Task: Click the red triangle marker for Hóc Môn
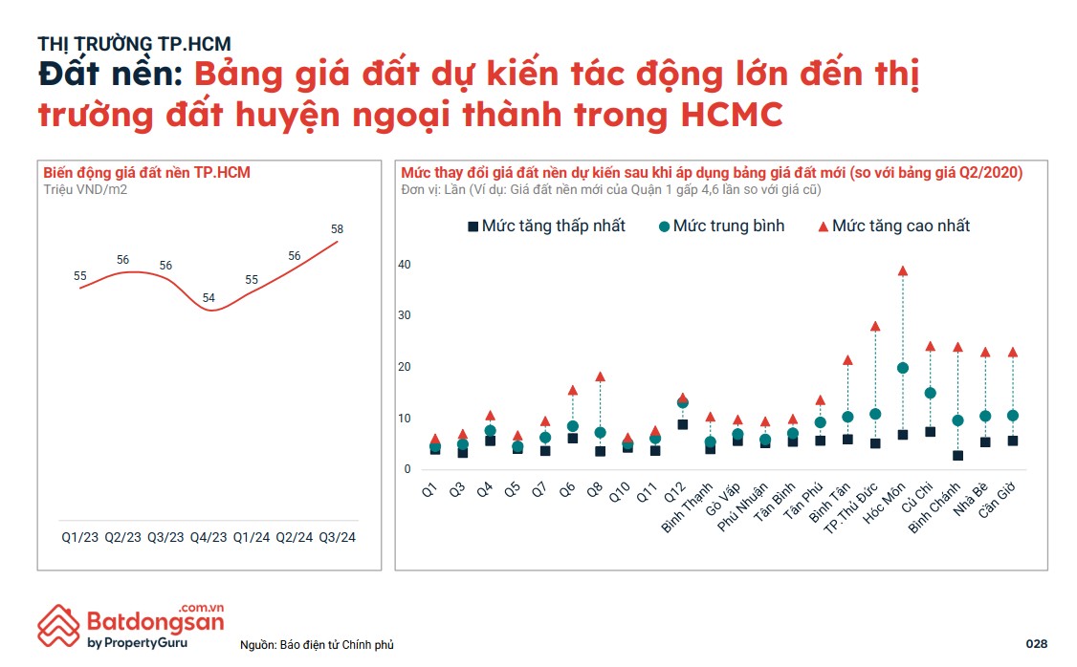[902, 271]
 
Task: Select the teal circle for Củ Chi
[930, 393]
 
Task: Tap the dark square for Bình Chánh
[957, 456]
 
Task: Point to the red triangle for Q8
[601, 377]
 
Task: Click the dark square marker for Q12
[682, 424]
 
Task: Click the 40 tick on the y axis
[405, 265]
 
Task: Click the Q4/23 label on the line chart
[208, 537]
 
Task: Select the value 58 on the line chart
[337, 229]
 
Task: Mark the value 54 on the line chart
[209, 298]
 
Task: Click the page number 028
[1036, 642]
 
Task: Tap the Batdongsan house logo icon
[58, 625]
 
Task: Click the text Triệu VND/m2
[85, 189]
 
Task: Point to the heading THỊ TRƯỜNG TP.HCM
[134, 43]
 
